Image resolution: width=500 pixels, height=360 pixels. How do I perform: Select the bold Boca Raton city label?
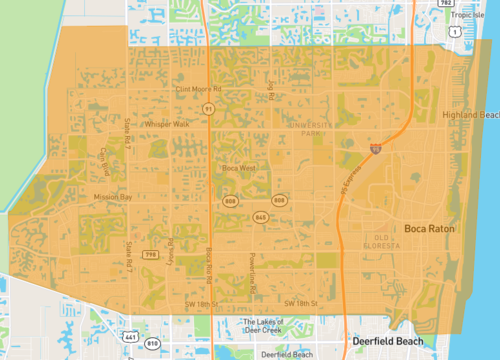(x=429, y=229)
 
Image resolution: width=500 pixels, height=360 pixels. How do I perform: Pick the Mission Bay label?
(x=113, y=197)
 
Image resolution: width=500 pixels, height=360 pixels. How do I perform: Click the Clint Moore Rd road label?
(x=196, y=88)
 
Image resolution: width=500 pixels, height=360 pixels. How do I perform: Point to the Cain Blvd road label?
(x=104, y=160)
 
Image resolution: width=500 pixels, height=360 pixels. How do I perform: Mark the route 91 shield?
(x=208, y=108)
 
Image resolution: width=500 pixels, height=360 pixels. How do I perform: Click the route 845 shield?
(x=261, y=217)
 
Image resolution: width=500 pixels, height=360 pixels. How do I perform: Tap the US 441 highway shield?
(x=129, y=334)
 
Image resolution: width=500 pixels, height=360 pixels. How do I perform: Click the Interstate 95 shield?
(x=375, y=149)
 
